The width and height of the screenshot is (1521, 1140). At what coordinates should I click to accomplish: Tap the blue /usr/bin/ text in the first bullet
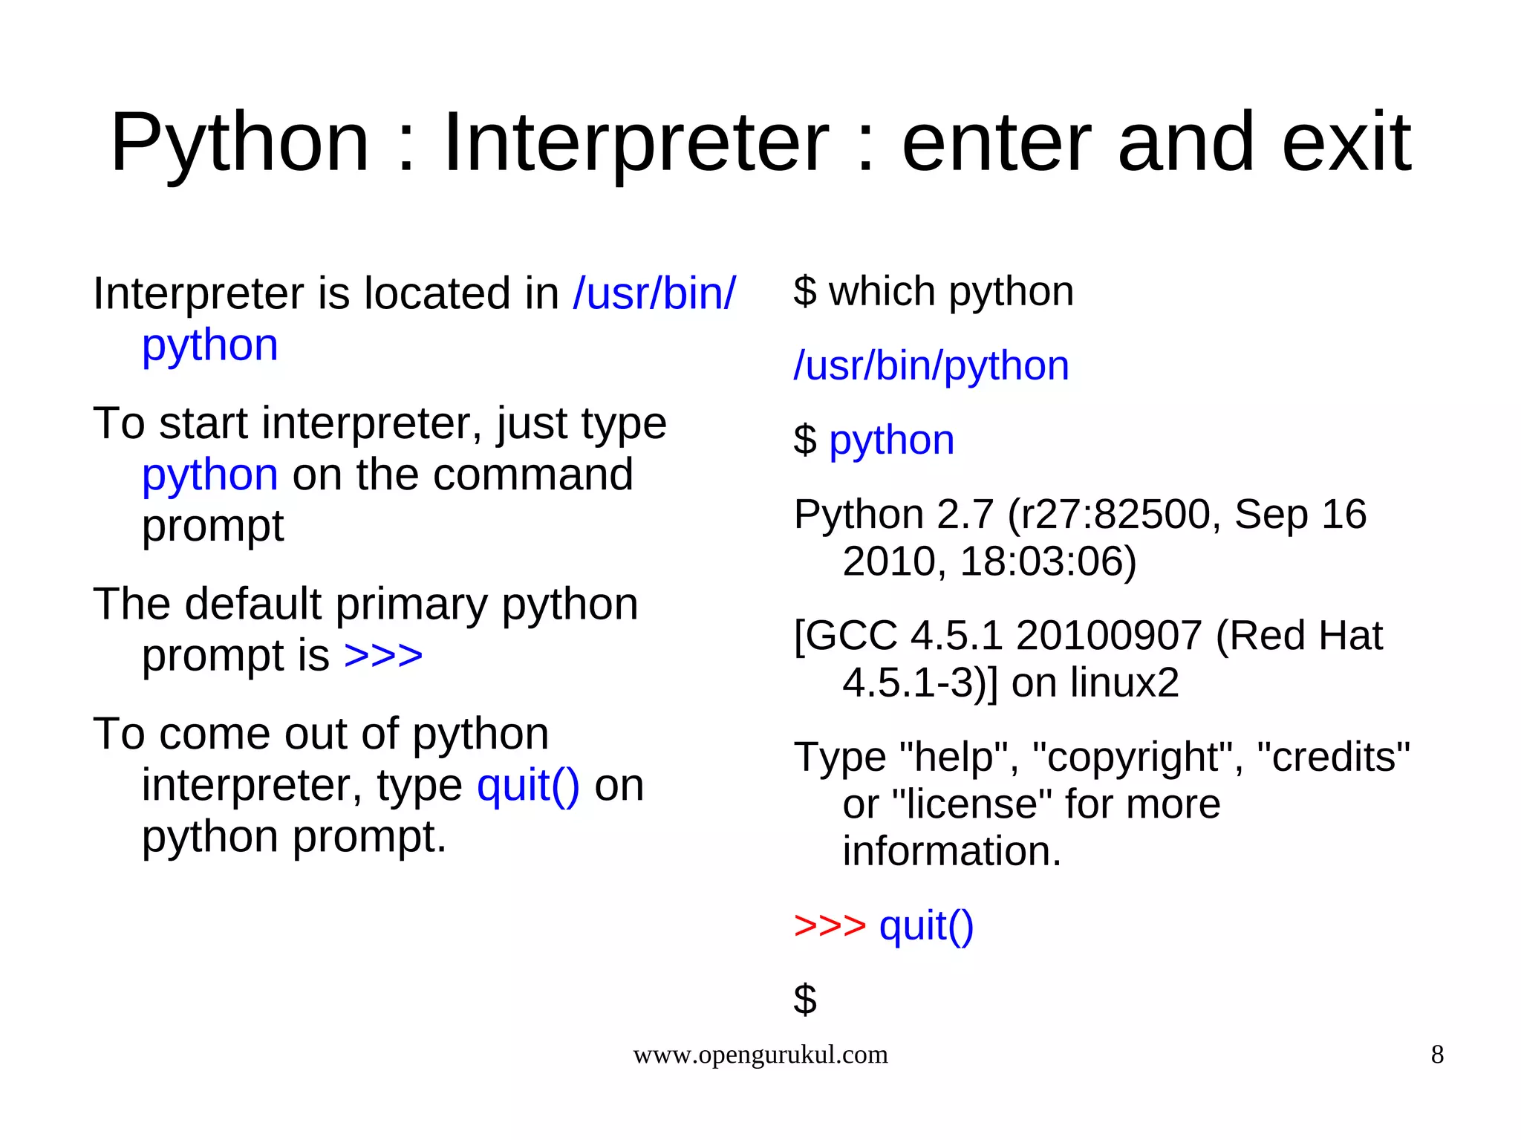click(x=654, y=293)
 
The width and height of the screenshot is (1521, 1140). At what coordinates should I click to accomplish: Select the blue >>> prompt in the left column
click(x=383, y=656)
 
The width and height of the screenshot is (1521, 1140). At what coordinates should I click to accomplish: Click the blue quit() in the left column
click(x=527, y=786)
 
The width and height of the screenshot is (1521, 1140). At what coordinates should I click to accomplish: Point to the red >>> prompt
click(x=830, y=926)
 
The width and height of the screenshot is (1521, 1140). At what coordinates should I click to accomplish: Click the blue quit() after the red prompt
click(x=926, y=926)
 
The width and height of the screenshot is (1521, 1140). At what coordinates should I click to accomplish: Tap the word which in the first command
click(x=882, y=291)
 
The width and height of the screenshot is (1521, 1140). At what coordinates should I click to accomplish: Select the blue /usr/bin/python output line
click(x=931, y=365)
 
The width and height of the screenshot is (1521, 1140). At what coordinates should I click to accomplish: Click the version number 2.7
click(x=965, y=514)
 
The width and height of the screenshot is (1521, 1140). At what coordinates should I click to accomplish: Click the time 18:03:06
click(x=1048, y=561)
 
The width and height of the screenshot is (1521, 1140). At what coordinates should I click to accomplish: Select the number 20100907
click(x=1109, y=636)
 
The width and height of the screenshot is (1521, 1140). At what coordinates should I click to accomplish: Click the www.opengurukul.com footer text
click(x=760, y=1055)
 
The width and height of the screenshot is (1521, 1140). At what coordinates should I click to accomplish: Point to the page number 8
click(x=1437, y=1055)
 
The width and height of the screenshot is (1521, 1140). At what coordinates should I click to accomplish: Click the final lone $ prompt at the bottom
click(x=805, y=999)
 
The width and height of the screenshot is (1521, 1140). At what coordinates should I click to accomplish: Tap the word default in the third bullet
click(x=253, y=604)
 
